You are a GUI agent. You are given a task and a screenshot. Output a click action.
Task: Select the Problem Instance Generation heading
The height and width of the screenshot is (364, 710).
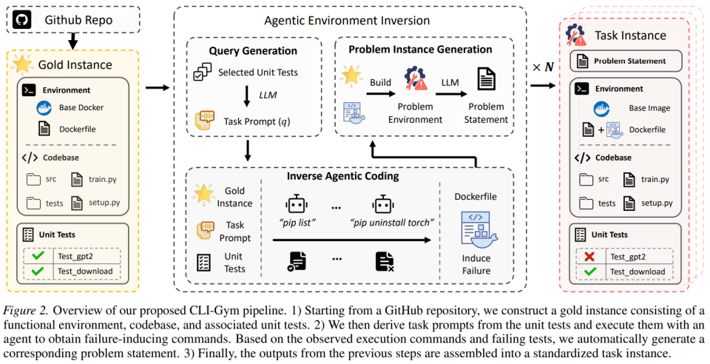(420, 50)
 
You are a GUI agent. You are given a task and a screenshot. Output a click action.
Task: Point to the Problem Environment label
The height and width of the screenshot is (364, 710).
(418, 114)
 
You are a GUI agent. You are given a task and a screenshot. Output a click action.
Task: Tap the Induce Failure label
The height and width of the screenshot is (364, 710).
(476, 264)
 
